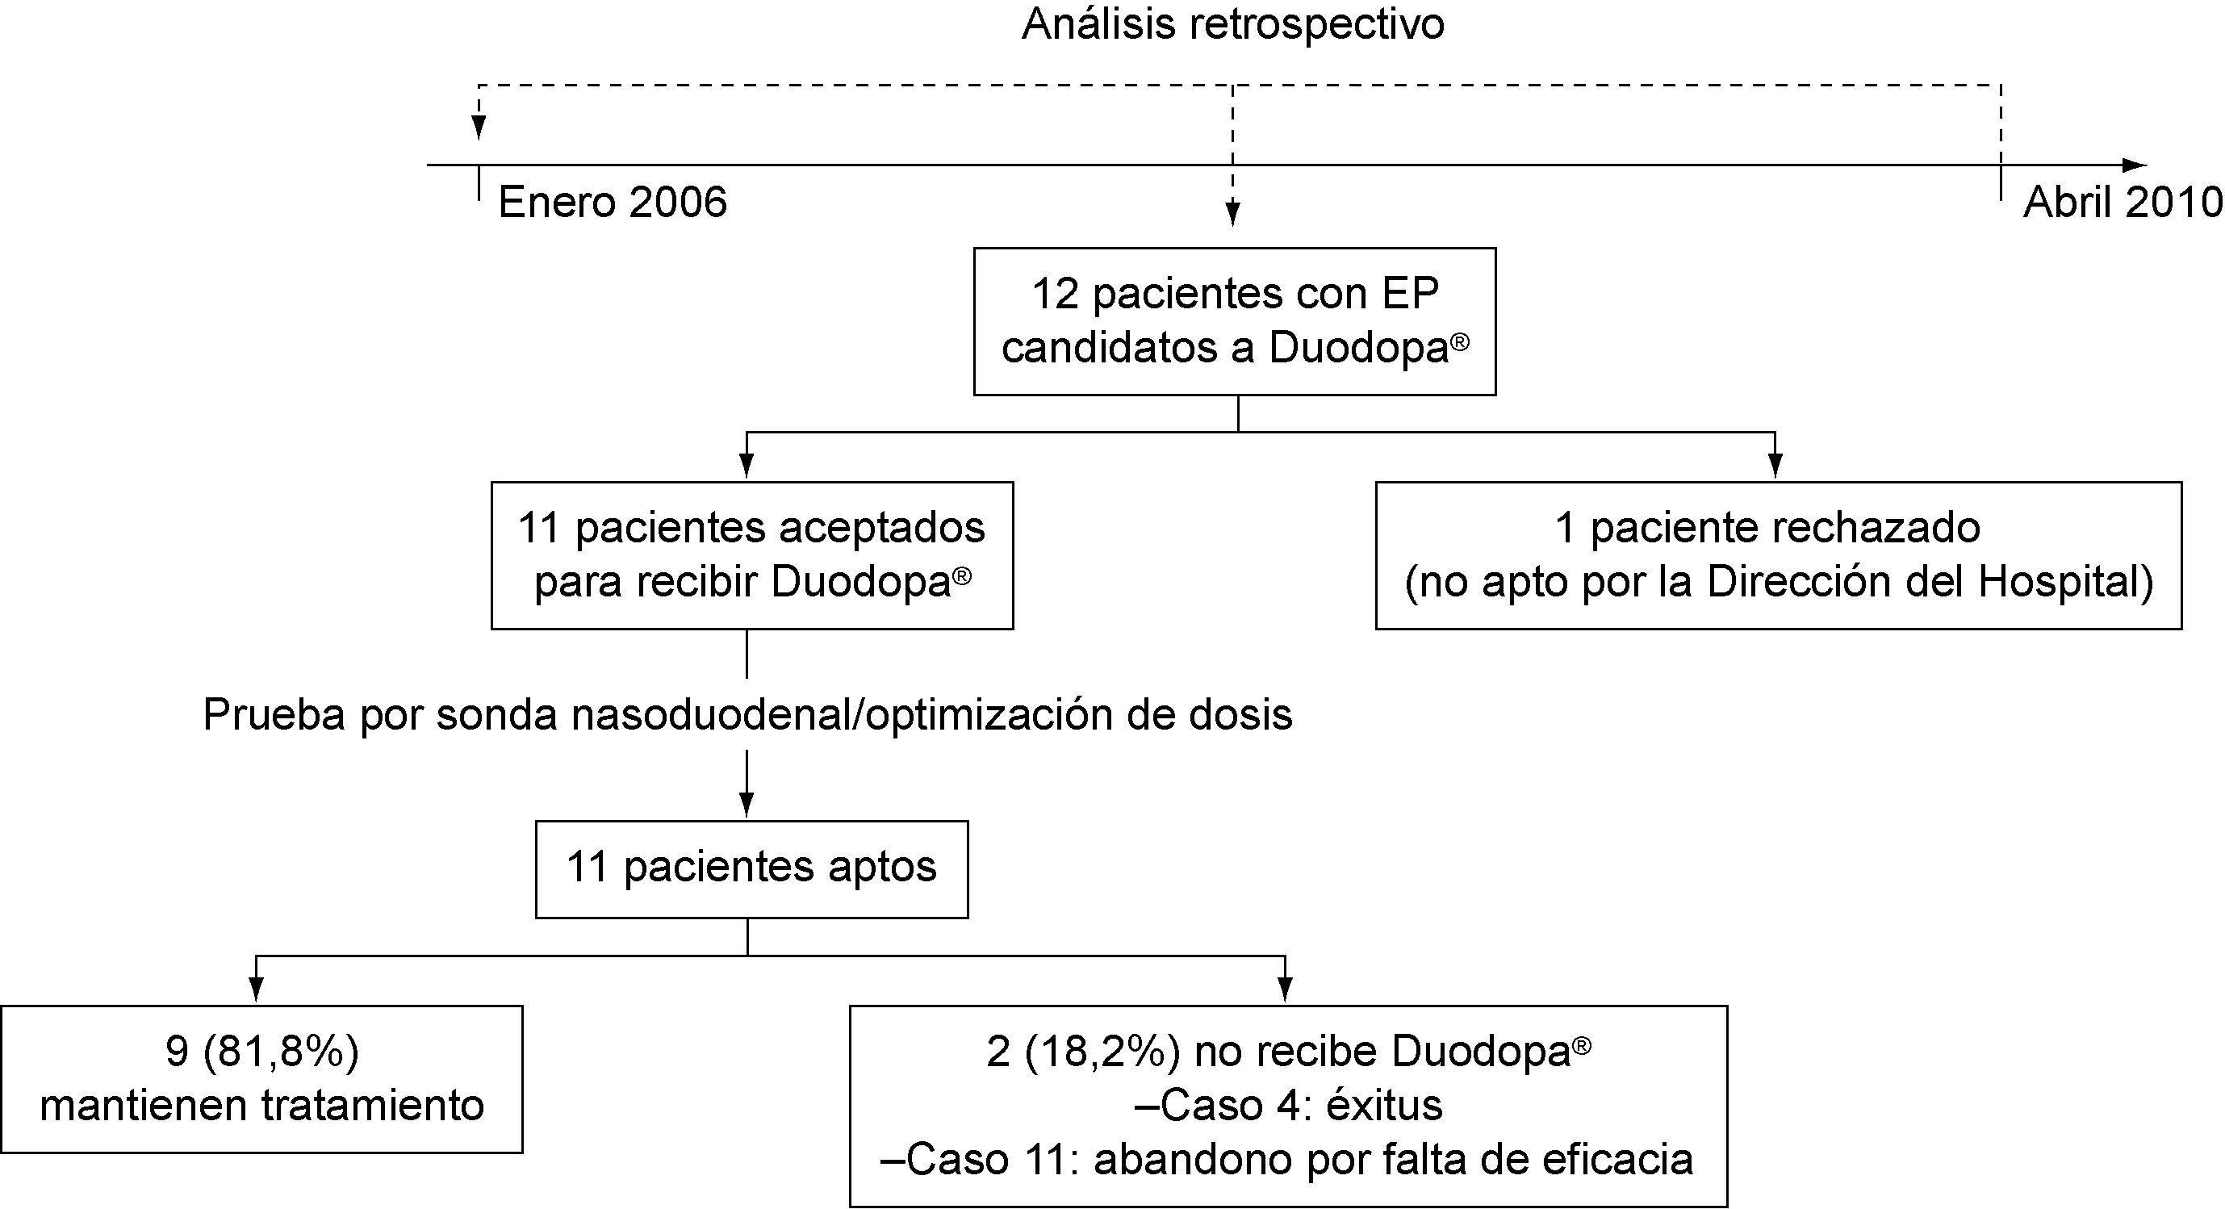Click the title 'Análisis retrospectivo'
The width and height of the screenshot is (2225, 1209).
[x=1232, y=24]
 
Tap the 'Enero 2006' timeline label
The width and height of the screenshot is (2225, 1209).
[x=613, y=203]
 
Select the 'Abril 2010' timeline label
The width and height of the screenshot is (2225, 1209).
[x=2123, y=203]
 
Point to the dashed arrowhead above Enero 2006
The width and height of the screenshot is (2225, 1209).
[x=478, y=128]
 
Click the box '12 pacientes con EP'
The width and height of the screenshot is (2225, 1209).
[x=1234, y=321]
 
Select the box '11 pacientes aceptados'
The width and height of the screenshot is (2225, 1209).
[x=751, y=554]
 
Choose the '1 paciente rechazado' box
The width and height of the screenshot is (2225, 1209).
[x=1779, y=554]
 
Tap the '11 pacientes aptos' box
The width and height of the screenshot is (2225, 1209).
[x=751, y=868]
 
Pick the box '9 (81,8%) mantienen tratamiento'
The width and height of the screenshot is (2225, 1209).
[x=261, y=1078]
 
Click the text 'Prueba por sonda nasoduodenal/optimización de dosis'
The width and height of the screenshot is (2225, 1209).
[x=747, y=715]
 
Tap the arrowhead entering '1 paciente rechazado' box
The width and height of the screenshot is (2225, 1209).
[x=1775, y=467]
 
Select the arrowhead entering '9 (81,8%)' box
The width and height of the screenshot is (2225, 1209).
[x=256, y=989]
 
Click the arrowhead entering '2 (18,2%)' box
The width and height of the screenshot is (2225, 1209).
[x=1286, y=989]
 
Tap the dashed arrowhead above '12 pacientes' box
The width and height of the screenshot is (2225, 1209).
[x=1232, y=214]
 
